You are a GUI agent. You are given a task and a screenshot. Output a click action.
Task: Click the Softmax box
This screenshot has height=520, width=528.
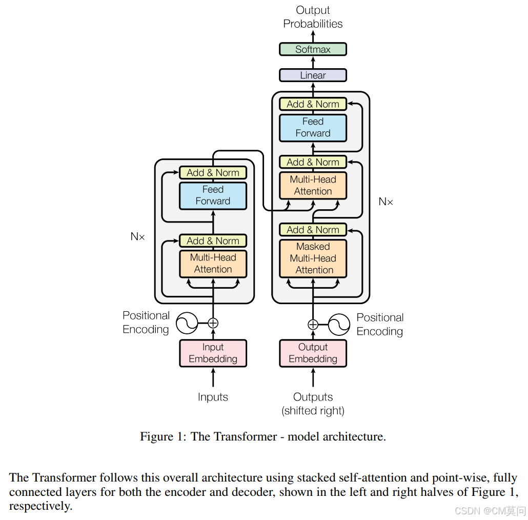pyautogui.click(x=313, y=49)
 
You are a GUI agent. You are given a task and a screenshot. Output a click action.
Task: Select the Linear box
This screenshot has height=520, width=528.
pyautogui.click(x=313, y=75)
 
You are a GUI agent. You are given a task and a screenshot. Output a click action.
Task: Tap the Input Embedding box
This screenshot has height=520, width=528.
pyautogui.click(x=213, y=353)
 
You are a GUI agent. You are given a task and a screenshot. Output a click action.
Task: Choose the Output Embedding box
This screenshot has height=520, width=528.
pyautogui.click(x=313, y=353)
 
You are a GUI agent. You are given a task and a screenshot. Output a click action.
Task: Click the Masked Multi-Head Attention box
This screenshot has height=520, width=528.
pyautogui.click(x=313, y=258)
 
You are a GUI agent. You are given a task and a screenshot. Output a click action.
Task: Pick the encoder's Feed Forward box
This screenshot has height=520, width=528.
pyautogui.click(x=213, y=195)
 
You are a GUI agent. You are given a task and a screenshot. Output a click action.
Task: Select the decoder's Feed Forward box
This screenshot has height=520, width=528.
pyautogui.click(x=313, y=128)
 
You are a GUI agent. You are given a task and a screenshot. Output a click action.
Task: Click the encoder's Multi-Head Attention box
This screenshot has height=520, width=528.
pyautogui.click(x=213, y=264)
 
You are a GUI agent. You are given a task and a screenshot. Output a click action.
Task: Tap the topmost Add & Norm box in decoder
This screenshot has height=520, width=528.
pyautogui.click(x=313, y=104)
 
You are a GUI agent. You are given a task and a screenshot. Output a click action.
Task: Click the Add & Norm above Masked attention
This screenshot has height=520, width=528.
pyautogui.click(x=313, y=230)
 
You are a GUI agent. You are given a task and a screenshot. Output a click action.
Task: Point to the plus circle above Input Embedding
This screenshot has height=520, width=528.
pyautogui.click(x=213, y=323)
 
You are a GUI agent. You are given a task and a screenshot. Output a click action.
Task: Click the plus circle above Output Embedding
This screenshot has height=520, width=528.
pyautogui.click(x=313, y=324)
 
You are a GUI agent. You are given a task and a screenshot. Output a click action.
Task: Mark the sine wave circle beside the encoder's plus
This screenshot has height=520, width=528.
pyautogui.click(x=187, y=323)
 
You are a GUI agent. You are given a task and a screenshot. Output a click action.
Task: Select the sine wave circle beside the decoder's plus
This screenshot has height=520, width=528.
pyautogui.click(x=339, y=324)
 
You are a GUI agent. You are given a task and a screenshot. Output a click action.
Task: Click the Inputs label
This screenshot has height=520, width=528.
pyautogui.click(x=213, y=397)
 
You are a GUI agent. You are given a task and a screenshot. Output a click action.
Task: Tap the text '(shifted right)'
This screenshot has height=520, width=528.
pyautogui.click(x=313, y=411)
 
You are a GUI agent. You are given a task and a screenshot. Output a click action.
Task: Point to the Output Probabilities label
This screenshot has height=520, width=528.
pyautogui.click(x=313, y=17)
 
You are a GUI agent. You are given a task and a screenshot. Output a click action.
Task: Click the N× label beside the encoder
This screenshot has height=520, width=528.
pyautogui.click(x=138, y=237)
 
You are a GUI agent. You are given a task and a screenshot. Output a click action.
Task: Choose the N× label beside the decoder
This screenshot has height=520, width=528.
pyautogui.click(x=386, y=202)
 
